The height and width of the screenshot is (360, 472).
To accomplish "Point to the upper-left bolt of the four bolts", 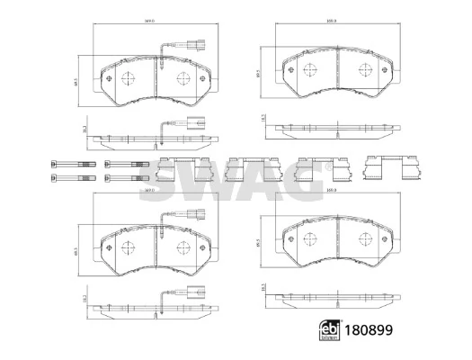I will click(x=70, y=164).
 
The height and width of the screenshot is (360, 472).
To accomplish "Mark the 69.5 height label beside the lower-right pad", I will click(x=259, y=243).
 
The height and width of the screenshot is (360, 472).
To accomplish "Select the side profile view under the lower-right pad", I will click(x=334, y=298).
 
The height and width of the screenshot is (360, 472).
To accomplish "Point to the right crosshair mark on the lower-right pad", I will click(x=362, y=241).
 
